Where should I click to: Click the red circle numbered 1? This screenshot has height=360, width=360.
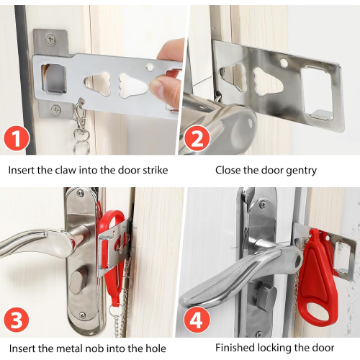coord(17,138)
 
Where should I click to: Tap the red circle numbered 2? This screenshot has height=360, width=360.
coord(197,138)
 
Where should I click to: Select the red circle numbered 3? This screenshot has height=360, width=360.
coord(17,319)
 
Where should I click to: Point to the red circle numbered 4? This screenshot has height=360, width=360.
coord(197,319)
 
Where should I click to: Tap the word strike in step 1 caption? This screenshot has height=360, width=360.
coord(156,170)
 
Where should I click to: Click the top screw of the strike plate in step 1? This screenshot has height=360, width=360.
coord(50,38)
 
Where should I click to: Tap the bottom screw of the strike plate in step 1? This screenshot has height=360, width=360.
coord(55,109)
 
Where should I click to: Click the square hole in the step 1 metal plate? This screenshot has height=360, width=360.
coord(54,78)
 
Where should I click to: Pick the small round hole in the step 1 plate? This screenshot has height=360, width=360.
coord(150,67)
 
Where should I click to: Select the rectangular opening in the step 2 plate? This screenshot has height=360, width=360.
coord(317,93)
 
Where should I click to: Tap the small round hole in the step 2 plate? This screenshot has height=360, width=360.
coord(284,63)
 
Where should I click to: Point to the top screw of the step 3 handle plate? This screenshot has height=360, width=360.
coord(80,193)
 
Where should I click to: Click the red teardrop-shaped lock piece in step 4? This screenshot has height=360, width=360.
coord(316,278)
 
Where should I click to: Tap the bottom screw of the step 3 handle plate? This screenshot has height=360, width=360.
coord(82,315)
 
